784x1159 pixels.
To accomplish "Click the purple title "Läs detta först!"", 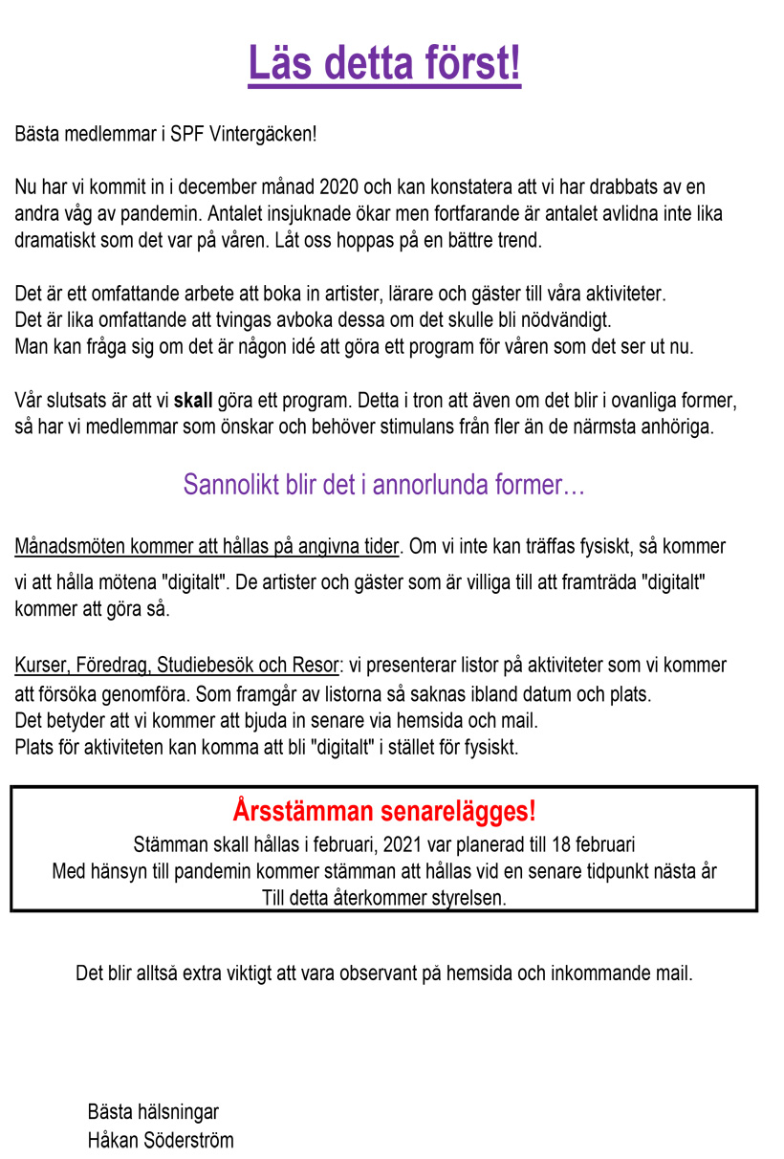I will click(384, 64).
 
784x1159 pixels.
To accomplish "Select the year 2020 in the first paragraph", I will click(340, 186).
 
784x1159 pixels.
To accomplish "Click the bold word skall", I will click(194, 399).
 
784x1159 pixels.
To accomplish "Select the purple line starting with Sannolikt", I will click(383, 485).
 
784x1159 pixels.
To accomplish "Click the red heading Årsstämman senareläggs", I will click(383, 812).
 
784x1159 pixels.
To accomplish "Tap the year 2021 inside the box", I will click(401, 845).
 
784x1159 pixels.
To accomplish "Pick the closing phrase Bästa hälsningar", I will click(153, 1112).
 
